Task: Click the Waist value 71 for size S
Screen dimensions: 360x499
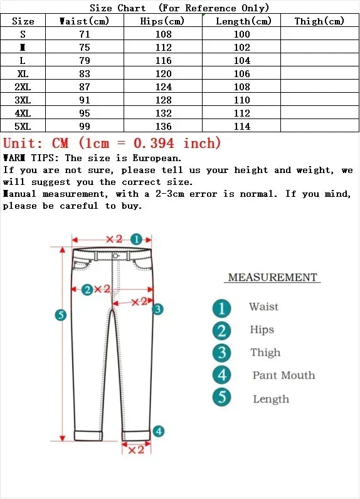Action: tap(85, 34)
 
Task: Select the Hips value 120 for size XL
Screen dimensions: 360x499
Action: tap(164, 74)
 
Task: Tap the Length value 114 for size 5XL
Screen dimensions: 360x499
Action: tap(242, 127)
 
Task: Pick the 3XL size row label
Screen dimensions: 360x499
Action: tap(23, 100)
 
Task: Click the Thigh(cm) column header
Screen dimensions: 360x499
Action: tap(319, 21)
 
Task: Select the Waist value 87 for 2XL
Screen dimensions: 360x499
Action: tap(85, 87)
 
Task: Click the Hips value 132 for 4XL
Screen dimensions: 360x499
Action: tap(164, 113)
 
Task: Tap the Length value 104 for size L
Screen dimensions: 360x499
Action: tap(242, 61)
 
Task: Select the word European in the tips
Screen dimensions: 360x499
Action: tap(155, 158)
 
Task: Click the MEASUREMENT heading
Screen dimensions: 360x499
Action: tap(272, 277)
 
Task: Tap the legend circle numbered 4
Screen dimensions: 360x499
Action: tap(221, 376)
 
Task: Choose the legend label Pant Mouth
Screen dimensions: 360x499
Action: tap(283, 376)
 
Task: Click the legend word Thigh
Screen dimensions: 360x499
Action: tap(265, 353)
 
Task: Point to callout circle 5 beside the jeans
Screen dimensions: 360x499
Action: tap(61, 315)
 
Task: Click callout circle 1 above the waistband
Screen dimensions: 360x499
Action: tap(137, 239)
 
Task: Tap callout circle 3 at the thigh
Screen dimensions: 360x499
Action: tap(158, 309)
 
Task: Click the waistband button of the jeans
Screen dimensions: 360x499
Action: tap(116, 256)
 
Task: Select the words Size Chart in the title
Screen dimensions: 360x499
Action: tap(118, 8)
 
